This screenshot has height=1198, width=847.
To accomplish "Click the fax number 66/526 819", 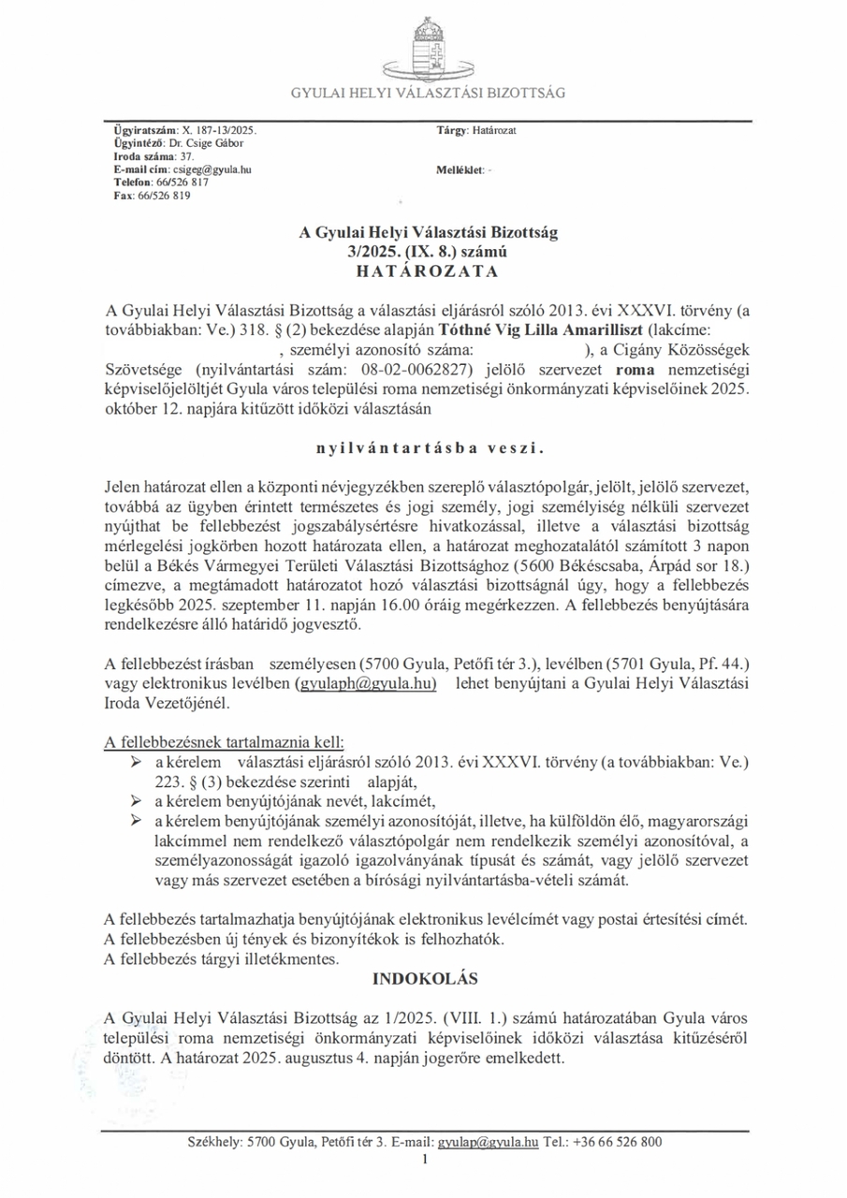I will tap(161, 197).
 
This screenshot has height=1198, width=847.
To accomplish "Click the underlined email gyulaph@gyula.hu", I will tap(367, 684).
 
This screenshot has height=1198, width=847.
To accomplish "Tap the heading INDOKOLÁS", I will tap(426, 979).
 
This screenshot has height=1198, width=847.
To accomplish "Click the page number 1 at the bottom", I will tap(425, 1161).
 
